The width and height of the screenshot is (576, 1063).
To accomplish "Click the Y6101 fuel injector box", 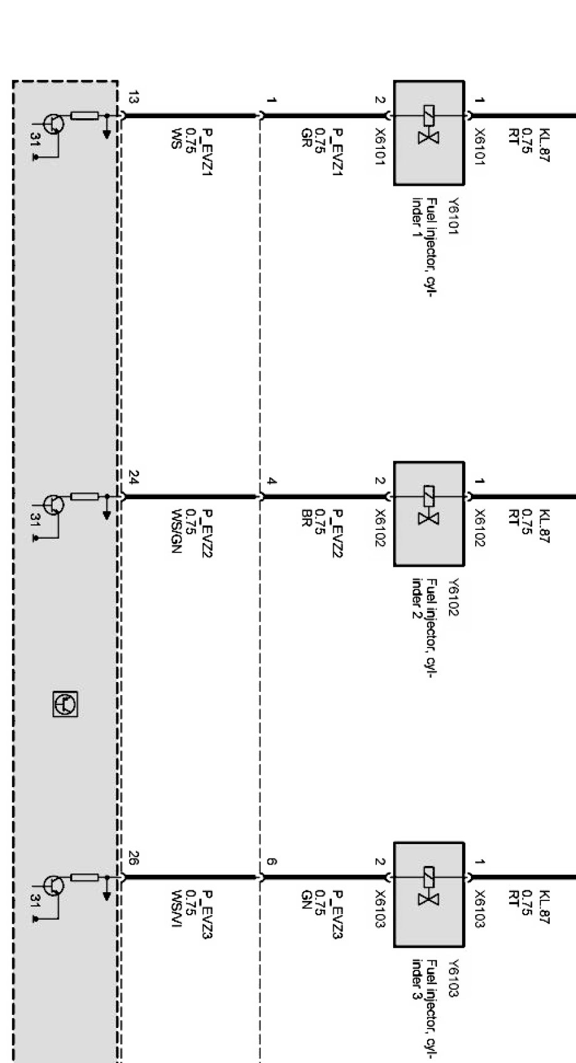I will pyautogui.click(x=429, y=133).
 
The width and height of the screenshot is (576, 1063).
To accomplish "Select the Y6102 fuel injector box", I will pyautogui.click(x=429, y=514).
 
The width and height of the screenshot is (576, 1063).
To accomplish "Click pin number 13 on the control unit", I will pyautogui.click(x=133, y=98).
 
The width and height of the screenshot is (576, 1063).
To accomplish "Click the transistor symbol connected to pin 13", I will pyautogui.click(x=53, y=123).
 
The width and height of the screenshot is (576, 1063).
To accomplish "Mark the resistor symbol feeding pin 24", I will pyautogui.click(x=85, y=496).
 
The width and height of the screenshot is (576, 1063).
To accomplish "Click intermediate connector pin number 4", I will pyautogui.click(x=271, y=481).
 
